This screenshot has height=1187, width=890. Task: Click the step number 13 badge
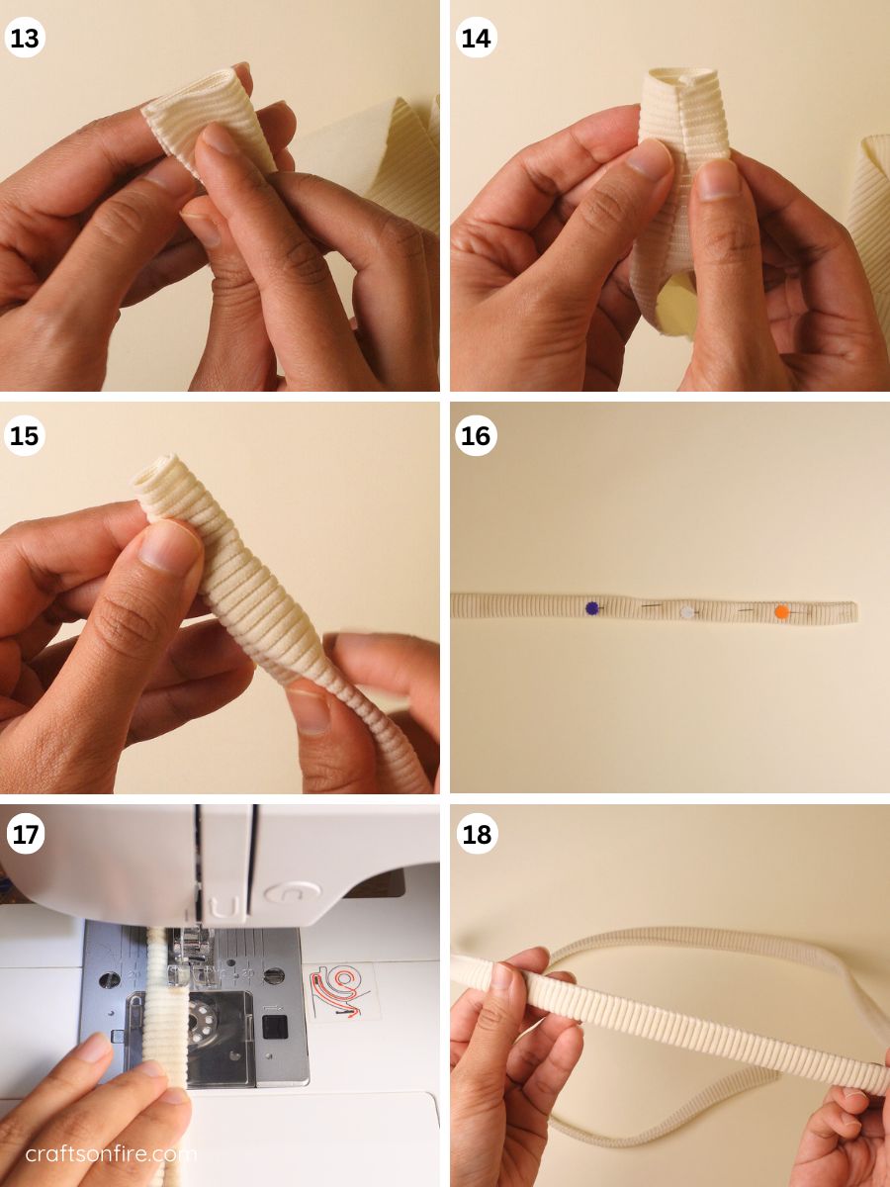pos(25,38)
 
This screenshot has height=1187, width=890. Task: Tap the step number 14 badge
pos(476,38)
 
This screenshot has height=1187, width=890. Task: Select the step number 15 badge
pos(25,436)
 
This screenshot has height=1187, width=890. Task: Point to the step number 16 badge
pos(476,436)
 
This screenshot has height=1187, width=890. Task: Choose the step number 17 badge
pos(25,834)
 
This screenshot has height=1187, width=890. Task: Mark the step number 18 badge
pos(476,834)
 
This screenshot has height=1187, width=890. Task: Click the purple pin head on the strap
pos(592,608)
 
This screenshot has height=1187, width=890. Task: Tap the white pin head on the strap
pos(687,612)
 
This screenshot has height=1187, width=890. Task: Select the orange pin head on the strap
pos(781,612)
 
